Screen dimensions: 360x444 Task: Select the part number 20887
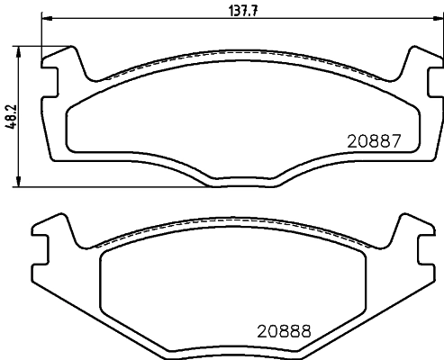tap(373, 140)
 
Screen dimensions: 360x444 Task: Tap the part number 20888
tap(283, 329)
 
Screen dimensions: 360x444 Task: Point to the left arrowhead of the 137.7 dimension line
tap(47, 19)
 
